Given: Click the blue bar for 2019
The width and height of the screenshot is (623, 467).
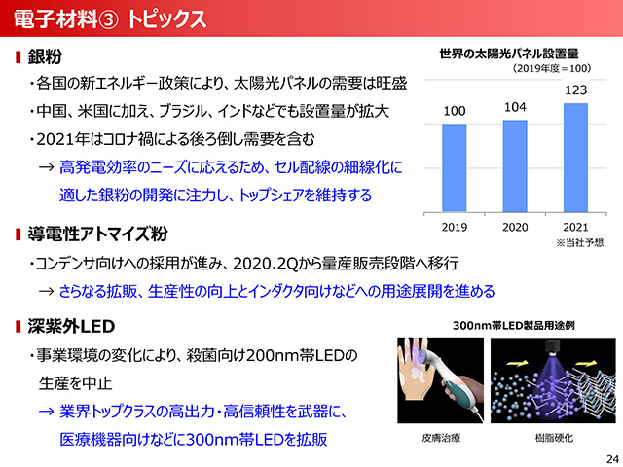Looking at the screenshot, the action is (455, 168).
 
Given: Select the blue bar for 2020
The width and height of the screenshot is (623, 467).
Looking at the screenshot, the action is (515, 166).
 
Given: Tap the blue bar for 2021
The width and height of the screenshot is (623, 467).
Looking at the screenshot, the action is (575, 158).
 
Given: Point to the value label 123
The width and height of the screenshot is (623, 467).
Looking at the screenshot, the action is (575, 90).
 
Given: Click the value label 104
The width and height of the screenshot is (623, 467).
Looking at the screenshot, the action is (515, 107).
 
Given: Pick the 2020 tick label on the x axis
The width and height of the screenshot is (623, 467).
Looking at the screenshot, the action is (515, 227).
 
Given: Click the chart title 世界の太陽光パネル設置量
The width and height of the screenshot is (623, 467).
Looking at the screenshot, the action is (508, 54).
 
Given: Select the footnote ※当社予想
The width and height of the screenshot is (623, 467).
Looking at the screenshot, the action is (580, 242).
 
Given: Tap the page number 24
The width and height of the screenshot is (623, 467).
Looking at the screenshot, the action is (612, 458).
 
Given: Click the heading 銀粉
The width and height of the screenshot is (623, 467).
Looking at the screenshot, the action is (45, 56).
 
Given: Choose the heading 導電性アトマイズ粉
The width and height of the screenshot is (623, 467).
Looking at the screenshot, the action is (97, 233).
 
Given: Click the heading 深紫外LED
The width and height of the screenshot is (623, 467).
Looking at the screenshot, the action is (71, 327).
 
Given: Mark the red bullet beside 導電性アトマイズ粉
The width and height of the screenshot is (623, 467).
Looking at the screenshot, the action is (18, 234).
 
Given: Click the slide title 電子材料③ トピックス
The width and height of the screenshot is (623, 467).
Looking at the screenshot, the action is (110, 18).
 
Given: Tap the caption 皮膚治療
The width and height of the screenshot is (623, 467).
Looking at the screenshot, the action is (441, 438).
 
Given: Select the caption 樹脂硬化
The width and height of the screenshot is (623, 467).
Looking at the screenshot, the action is (554, 438).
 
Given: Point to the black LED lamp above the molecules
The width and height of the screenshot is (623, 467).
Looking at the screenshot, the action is (553, 347).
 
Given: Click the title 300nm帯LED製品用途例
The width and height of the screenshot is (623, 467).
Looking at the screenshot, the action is (514, 326).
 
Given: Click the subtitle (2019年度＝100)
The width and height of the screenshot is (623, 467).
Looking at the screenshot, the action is (552, 68).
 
